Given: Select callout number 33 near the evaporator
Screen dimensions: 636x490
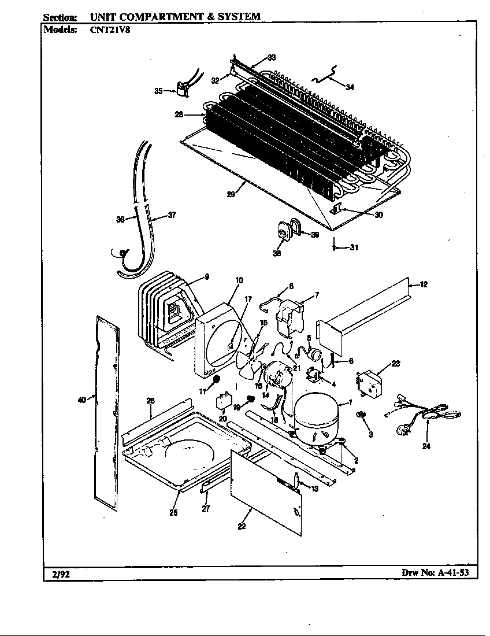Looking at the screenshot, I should coord(271,57).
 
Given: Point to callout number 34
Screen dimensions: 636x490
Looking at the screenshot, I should coord(350,87).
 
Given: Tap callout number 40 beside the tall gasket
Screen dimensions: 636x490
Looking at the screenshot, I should coord(81,399).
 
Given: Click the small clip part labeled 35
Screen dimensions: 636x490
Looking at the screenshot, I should coord(183,90).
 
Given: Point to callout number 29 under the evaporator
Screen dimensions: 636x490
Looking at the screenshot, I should coord(231,195).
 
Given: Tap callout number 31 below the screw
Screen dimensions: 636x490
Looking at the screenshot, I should coord(354,248).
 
